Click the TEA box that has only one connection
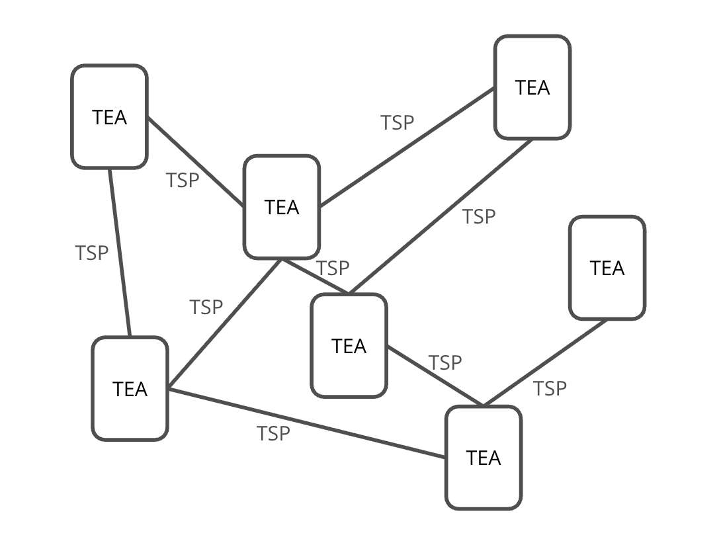(x=607, y=268)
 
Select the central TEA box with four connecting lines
(x=282, y=207)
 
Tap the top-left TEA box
(x=109, y=117)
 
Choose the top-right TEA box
(x=532, y=88)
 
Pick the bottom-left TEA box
(x=130, y=389)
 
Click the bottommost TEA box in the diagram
(x=483, y=458)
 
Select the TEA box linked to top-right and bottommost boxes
(x=349, y=346)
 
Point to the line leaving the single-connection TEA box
(x=545, y=363)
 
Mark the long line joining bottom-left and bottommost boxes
(x=306, y=423)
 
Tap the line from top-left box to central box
(x=196, y=161)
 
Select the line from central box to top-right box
(x=407, y=147)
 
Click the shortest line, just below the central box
(x=316, y=276)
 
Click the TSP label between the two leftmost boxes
(x=91, y=253)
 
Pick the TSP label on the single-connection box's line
(x=550, y=389)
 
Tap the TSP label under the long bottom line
(x=273, y=433)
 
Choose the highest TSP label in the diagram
(x=397, y=122)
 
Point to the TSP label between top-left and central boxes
(x=182, y=181)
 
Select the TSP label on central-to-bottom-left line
(x=206, y=307)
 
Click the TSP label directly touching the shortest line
(x=333, y=268)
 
